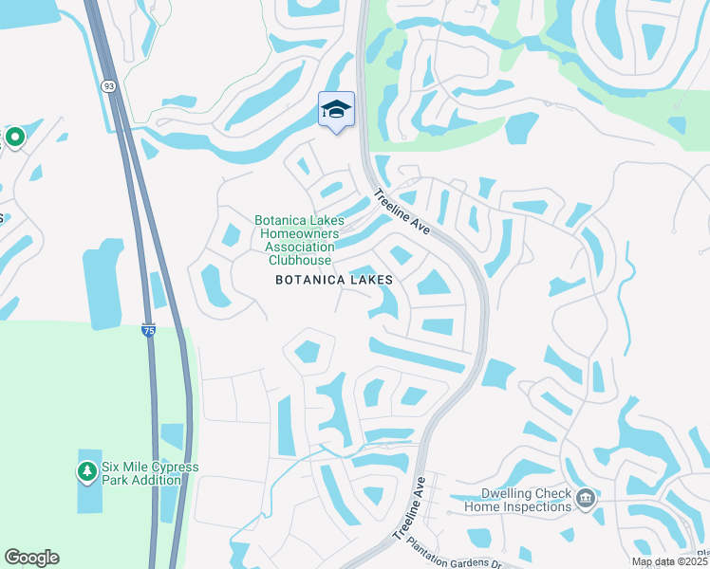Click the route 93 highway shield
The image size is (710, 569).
click(x=109, y=86)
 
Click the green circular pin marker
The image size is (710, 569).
click(x=15, y=138)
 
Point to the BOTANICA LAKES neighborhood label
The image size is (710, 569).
click(x=333, y=281)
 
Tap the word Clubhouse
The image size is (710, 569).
click(x=300, y=260)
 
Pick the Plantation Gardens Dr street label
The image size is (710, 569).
click(x=457, y=563)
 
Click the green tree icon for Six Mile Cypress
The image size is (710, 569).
click(x=87, y=470)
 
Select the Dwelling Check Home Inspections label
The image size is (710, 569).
click(x=517, y=500)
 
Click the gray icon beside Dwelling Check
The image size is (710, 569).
click(x=586, y=498)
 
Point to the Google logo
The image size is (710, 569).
click(x=31, y=558)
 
